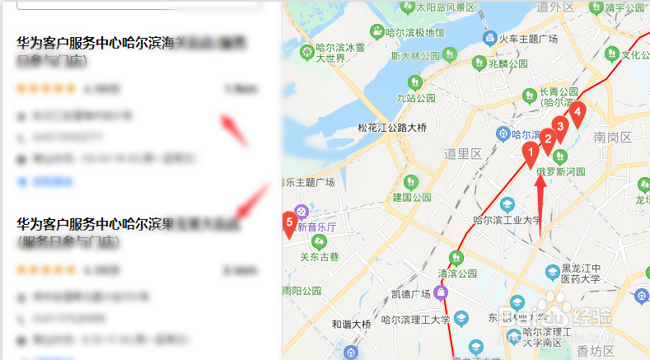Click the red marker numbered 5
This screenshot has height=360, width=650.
(289, 222)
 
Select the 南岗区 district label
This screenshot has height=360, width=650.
(611, 137)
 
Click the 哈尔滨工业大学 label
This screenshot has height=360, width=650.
(507, 220)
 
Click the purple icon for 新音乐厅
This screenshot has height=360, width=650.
(302, 211)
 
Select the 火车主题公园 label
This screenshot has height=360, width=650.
(530, 40)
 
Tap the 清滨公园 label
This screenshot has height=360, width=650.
(458, 274)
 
